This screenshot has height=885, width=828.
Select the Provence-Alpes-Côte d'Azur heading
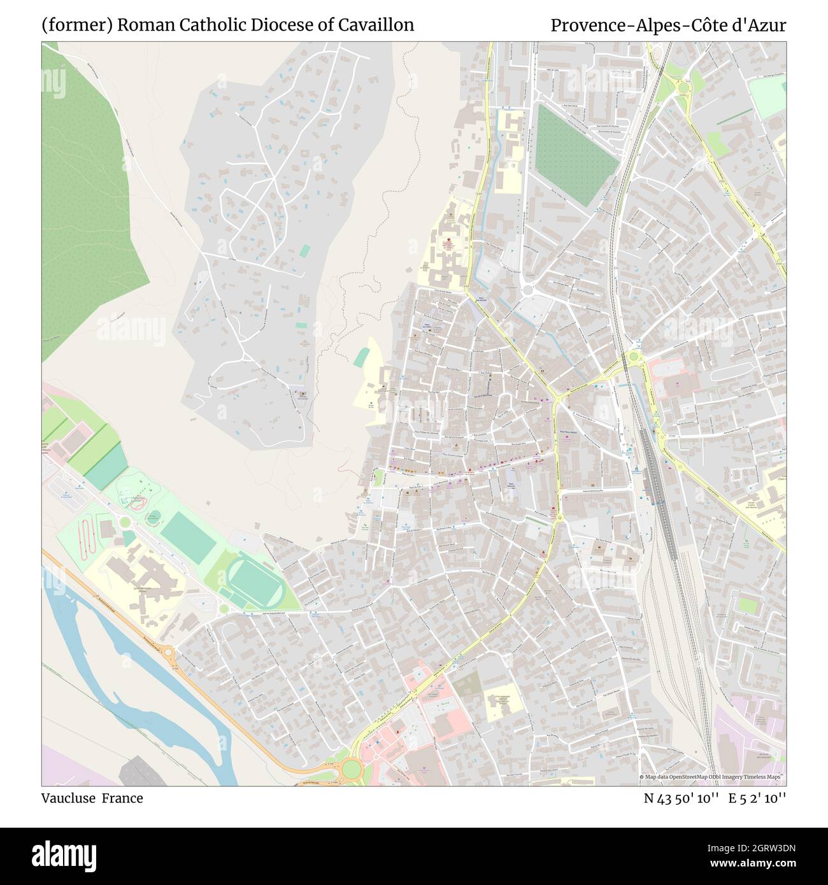tap(668, 25)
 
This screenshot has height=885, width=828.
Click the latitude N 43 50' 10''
tap(682, 798)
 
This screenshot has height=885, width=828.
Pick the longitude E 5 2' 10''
tap(758, 798)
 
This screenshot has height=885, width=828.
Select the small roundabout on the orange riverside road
tap(169, 652)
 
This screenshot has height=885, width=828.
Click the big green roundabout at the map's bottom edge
tap(351, 770)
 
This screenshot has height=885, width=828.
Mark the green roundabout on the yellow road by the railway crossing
tap(633, 358)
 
